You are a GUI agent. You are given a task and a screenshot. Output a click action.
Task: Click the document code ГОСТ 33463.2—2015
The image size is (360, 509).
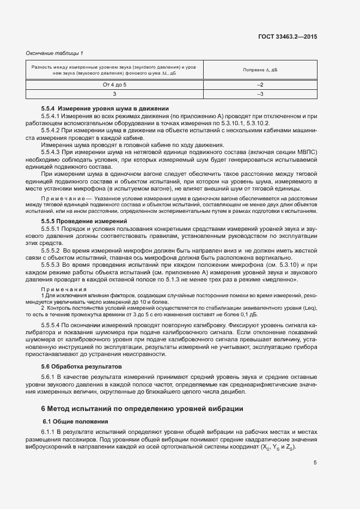288,36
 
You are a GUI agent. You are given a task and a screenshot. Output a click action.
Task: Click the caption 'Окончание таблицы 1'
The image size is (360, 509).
54,53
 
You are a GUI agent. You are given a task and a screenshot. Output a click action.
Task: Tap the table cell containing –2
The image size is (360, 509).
260,85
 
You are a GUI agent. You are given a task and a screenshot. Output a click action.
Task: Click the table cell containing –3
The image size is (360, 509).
260,94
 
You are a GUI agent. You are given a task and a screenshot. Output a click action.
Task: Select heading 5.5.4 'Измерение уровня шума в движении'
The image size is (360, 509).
105,109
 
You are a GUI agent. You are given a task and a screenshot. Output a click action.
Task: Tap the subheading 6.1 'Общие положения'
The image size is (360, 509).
76,422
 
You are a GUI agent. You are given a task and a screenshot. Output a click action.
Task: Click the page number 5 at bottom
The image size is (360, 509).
315,463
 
